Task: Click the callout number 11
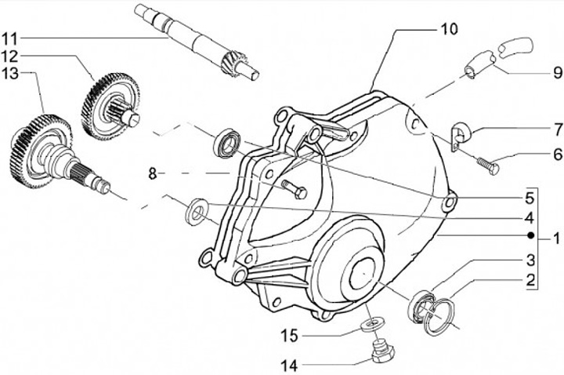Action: [12, 38]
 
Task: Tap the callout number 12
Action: [12, 56]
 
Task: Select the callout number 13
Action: [12, 75]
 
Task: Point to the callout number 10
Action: [448, 30]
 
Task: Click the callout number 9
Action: [558, 73]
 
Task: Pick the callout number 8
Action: [153, 174]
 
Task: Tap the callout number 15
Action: [290, 336]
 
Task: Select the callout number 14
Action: [290, 366]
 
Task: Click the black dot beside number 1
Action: [530, 235]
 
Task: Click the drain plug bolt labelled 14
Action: [383, 351]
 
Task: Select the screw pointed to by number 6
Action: [488, 166]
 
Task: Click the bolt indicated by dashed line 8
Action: [295, 190]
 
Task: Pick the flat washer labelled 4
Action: [196, 212]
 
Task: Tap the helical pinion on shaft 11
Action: [234, 64]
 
